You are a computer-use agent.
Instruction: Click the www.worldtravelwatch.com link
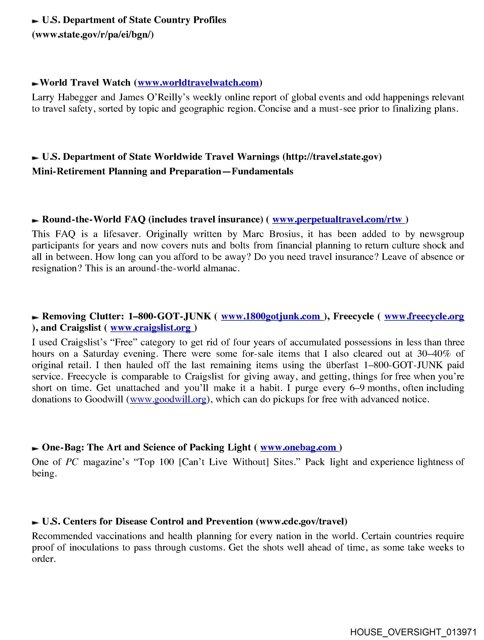point(198,83)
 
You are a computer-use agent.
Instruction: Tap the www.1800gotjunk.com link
point(272,316)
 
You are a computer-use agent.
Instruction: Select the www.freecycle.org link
point(424,316)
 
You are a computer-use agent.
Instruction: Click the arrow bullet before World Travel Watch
point(35,84)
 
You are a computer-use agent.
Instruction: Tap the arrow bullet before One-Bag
point(35,449)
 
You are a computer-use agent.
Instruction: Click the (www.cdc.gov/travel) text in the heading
point(301,521)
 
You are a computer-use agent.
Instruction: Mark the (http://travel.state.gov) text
point(332,157)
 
